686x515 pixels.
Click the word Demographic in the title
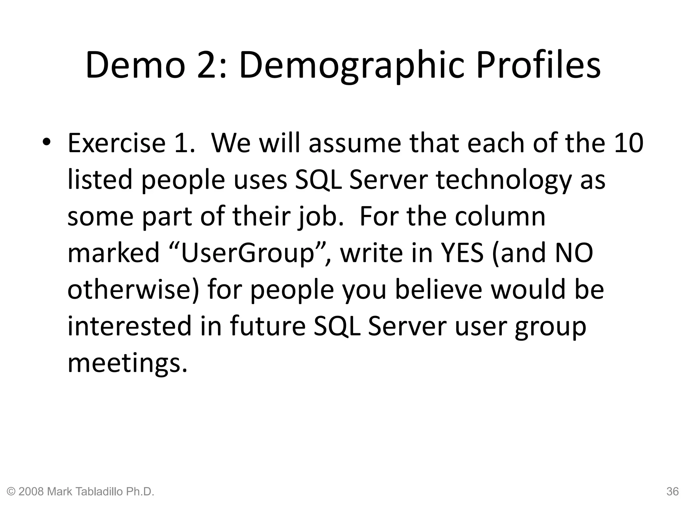point(353,65)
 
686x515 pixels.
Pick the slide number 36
point(672,492)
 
